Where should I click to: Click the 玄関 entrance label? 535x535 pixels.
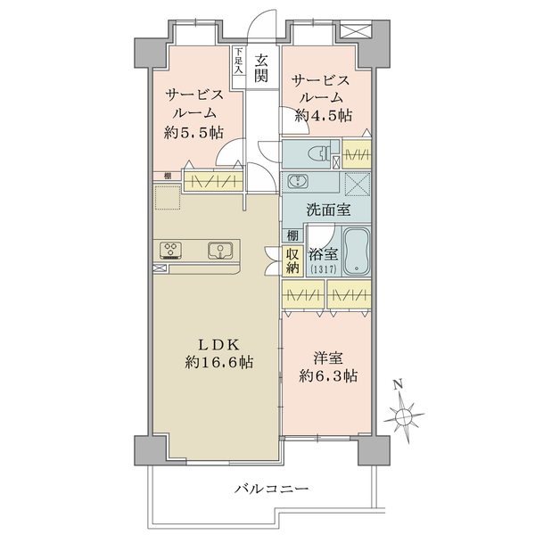[x=261, y=69]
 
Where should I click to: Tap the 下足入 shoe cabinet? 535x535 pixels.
[x=239, y=67]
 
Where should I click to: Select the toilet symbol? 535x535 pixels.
[x=320, y=153]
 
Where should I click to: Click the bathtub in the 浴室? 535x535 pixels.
[x=356, y=251]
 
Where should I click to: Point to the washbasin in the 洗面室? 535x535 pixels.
[x=298, y=181]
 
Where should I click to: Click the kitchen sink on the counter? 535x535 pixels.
[x=220, y=251]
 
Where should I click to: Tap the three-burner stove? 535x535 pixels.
[x=170, y=251]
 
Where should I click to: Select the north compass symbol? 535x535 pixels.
[x=404, y=414]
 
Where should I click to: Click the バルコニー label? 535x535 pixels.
[x=271, y=489]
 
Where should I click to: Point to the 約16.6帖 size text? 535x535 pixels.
[x=219, y=362]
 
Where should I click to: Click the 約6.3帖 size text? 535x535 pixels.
[x=328, y=376]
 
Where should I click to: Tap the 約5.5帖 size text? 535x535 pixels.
[x=193, y=132]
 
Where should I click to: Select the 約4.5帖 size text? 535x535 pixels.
[x=324, y=116]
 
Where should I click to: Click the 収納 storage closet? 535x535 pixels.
[x=292, y=260]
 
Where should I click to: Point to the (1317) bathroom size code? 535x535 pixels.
[x=324, y=269]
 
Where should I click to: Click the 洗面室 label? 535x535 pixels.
[x=328, y=210]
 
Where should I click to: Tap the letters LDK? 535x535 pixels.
[x=219, y=345]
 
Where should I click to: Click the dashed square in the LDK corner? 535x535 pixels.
[x=167, y=197]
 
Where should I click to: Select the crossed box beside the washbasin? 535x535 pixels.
[x=358, y=185]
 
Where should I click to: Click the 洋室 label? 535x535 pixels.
[x=328, y=359]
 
